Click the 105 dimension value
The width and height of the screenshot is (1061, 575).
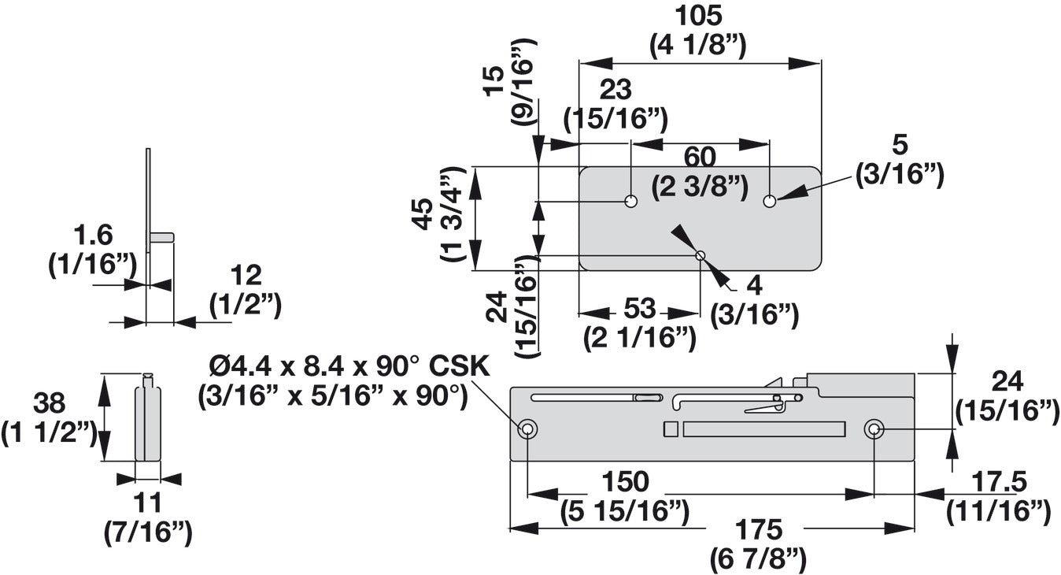(699, 16)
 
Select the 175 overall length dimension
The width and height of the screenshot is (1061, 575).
(759, 529)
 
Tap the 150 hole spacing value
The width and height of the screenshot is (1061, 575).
(625, 480)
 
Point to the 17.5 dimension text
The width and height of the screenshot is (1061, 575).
(997, 480)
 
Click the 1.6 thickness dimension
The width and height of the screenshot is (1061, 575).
(93, 234)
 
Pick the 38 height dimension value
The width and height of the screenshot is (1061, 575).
(49, 404)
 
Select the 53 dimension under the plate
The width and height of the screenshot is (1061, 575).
(639, 308)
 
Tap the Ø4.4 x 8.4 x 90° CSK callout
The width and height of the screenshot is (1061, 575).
(349, 367)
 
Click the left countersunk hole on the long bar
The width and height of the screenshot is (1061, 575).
(527, 429)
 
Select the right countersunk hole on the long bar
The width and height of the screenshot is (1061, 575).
(874, 429)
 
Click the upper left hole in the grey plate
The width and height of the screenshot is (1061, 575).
(630, 201)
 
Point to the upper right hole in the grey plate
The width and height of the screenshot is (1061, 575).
(770, 201)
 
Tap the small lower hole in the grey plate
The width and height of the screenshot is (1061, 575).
(700, 254)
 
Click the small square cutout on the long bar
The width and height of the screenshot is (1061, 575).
(671, 429)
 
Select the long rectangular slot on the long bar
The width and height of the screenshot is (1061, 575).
(763, 429)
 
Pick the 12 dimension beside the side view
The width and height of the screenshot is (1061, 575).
(246, 275)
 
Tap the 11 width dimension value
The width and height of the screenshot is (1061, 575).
(147, 501)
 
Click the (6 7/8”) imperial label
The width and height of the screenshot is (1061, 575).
(759, 559)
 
